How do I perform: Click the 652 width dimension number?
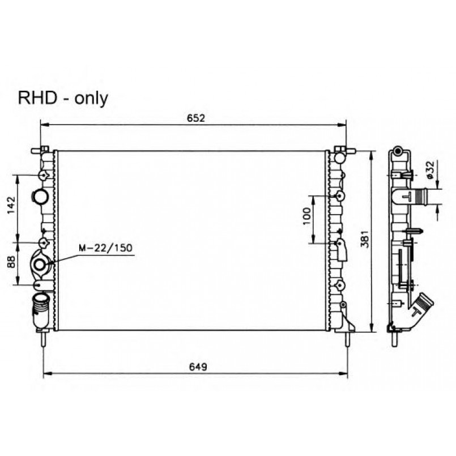pos(196,118)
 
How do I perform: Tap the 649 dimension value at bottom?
pos(198,366)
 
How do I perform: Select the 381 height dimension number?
pos(365,240)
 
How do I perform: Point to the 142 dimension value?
pos(11,205)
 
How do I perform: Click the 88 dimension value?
pos(11,262)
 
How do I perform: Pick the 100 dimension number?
pos(307,216)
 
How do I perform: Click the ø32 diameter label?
pos(431,169)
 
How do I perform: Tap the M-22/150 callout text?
pos(105,248)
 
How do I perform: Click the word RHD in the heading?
pos(37,98)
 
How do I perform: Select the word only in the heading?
pos(91,99)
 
